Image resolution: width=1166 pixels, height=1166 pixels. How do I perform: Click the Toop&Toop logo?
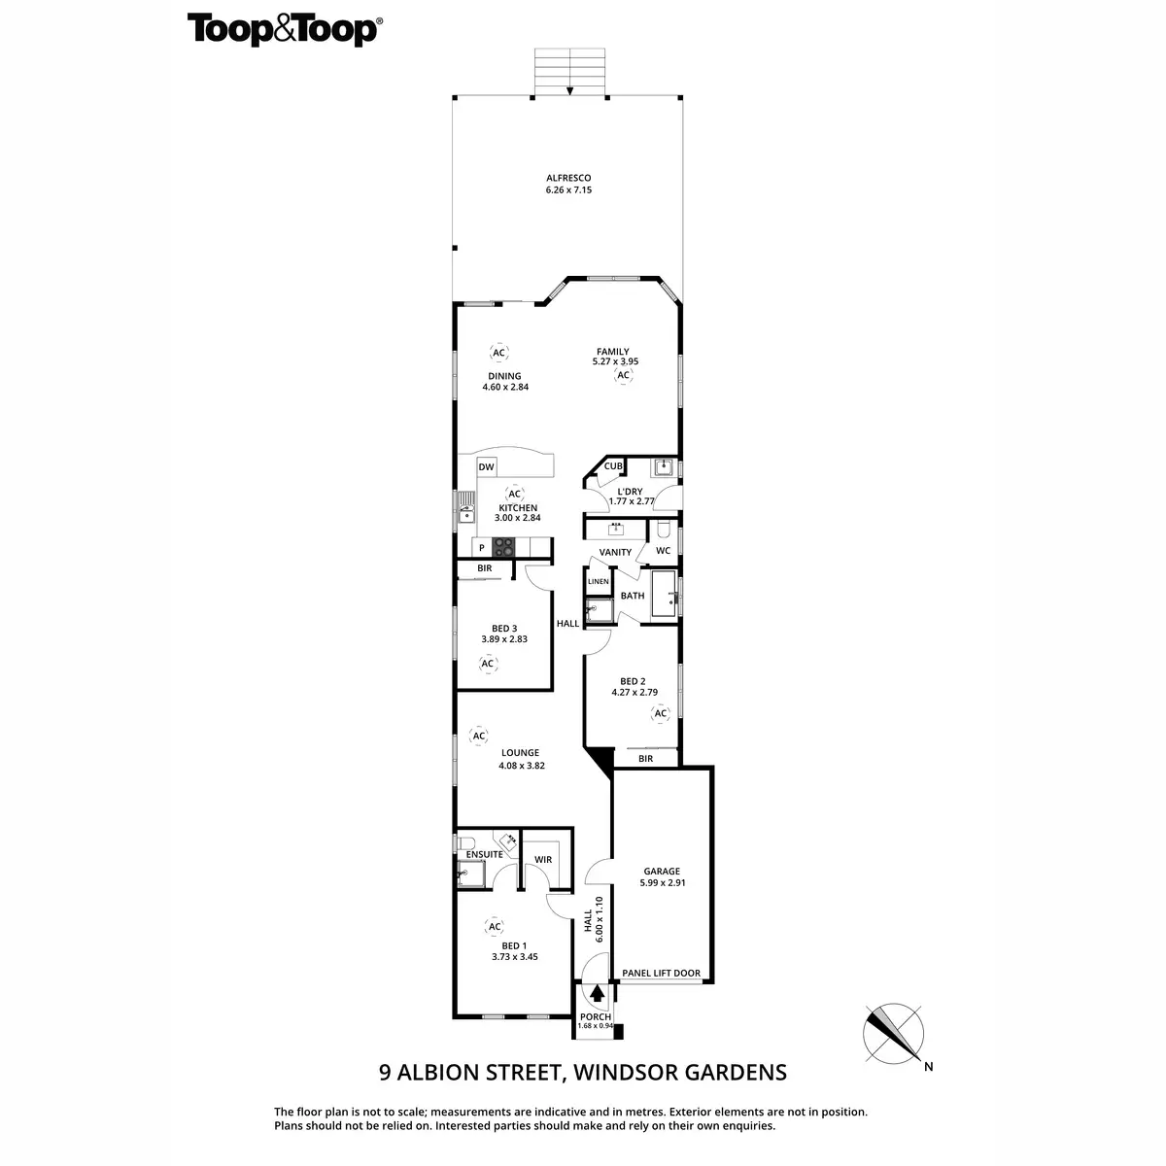(x=283, y=30)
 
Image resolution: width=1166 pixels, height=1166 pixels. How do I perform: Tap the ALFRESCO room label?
(x=568, y=178)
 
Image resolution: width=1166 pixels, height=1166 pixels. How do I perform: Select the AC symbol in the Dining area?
(x=498, y=353)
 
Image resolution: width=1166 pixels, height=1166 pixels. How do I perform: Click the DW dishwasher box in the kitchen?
(x=487, y=467)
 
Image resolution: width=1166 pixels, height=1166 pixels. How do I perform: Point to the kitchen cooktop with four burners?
(x=503, y=546)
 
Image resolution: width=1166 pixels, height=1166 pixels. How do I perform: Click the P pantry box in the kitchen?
(x=481, y=548)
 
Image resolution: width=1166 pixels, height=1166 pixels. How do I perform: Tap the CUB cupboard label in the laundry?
(x=612, y=466)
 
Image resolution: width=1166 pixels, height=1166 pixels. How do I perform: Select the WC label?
(x=663, y=551)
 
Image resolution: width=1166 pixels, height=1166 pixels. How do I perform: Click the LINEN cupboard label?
(x=598, y=582)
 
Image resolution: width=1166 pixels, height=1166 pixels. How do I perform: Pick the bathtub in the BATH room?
(x=665, y=594)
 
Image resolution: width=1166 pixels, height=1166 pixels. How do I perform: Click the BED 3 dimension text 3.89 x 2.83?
(x=504, y=639)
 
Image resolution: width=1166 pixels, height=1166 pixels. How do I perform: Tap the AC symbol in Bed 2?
(x=661, y=714)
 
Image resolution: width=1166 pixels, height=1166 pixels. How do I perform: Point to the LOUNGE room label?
(x=520, y=752)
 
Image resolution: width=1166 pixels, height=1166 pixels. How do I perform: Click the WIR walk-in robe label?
(x=543, y=860)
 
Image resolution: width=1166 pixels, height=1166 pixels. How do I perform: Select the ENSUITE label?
(x=484, y=854)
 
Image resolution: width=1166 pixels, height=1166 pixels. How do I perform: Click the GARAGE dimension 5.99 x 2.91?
(x=661, y=883)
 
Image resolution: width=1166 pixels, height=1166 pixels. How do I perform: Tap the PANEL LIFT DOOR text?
(x=661, y=973)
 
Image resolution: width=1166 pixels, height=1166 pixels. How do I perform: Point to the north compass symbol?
(x=894, y=1033)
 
